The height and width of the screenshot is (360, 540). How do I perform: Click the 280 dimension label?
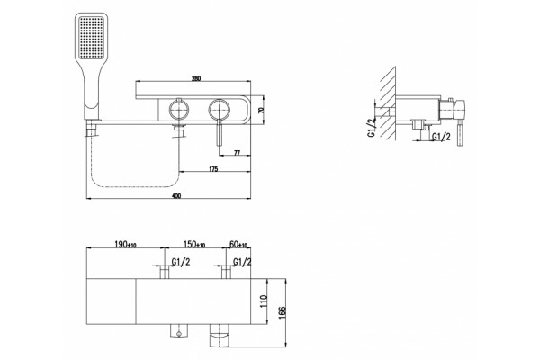point(195,78)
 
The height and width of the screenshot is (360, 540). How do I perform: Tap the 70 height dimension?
point(261,110)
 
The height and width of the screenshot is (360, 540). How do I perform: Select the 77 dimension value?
point(237,153)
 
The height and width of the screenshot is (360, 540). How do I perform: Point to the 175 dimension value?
point(213,169)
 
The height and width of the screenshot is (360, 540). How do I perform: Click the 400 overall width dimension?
point(176,196)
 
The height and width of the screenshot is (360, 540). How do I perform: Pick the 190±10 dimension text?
point(125,244)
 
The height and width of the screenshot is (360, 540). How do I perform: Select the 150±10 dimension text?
point(194,244)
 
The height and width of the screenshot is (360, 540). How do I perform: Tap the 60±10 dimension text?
point(238,244)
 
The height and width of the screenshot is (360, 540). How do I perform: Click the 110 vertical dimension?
point(264,301)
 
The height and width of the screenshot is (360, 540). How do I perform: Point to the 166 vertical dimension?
point(282,313)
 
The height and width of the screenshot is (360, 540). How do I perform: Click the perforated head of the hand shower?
point(91,37)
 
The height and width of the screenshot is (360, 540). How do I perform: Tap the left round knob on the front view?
point(179,110)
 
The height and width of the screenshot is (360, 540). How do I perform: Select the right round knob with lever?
point(219,110)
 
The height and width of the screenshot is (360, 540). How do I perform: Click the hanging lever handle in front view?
point(219,133)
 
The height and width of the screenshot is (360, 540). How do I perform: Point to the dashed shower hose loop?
point(135,186)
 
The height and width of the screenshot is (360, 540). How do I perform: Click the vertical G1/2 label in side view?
point(371,128)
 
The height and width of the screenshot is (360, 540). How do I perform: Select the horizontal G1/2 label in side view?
point(441,137)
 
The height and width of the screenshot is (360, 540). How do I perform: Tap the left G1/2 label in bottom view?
point(181,262)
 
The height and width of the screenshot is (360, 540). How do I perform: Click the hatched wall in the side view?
point(388,103)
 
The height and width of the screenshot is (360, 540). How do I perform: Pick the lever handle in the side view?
point(460,135)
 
